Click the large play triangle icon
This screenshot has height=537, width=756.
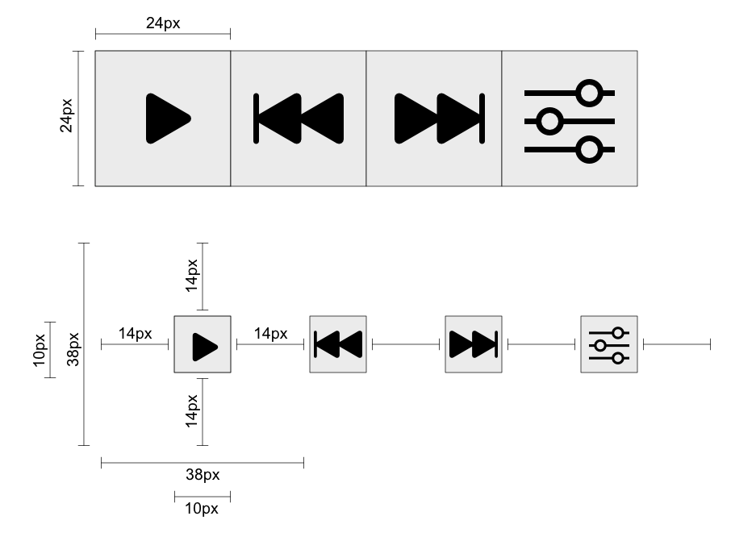166,119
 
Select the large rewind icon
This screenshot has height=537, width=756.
299,119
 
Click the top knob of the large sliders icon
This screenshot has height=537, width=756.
591,93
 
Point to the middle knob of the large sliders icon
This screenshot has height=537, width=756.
549,122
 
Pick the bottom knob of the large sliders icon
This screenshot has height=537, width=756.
591,150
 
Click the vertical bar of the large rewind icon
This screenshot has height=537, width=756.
257,119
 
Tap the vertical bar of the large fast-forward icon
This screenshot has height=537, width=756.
482,119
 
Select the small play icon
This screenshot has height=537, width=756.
204,345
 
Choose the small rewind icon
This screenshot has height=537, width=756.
338,344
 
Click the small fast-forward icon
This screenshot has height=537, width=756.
474,344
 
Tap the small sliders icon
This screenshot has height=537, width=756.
609,345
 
